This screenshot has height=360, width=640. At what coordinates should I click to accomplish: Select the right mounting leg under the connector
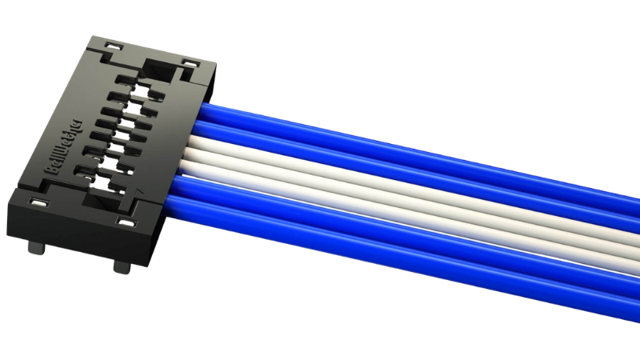click(x=121, y=265)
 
